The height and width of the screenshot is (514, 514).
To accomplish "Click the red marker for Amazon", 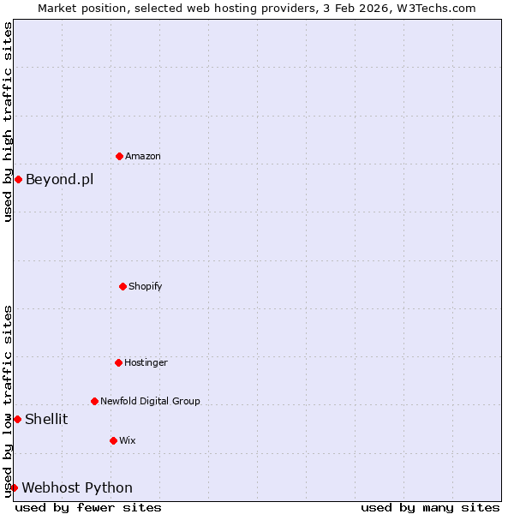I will pyautogui.click(x=119, y=156).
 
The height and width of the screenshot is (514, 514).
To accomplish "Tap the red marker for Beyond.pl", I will pyautogui.click(x=18, y=179).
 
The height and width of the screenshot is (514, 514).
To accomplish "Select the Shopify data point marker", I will pyautogui.click(x=123, y=286).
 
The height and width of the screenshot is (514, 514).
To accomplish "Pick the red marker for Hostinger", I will pyautogui.click(x=118, y=362).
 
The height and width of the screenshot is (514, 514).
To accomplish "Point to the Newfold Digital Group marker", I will pyautogui.click(x=94, y=401).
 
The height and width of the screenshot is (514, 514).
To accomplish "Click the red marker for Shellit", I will pyautogui.click(x=17, y=419).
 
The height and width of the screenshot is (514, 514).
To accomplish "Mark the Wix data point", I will pyautogui.click(x=113, y=440).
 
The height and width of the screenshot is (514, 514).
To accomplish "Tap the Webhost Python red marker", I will pyautogui.click(x=14, y=487).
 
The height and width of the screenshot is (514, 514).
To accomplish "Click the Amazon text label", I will pyautogui.click(x=143, y=156).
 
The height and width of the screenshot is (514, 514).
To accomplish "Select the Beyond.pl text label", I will pyautogui.click(x=59, y=179).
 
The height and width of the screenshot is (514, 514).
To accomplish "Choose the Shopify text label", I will pyautogui.click(x=146, y=286).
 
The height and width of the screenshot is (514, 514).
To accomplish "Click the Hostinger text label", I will pyautogui.click(x=146, y=362).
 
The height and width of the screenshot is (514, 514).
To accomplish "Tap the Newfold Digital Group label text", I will pyautogui.click(x=150, y=401).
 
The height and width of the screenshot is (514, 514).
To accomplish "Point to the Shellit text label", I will pyautogui.click(x=46, y=419).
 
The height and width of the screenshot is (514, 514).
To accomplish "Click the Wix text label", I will pyautogui.click(x=128, y=440).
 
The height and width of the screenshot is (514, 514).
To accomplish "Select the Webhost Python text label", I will pyautogui.click(x=77, y=487).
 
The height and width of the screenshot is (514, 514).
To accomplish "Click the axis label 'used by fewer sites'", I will pyautogui.click(x=88, y=507).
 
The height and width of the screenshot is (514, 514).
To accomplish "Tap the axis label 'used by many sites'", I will pyautogui.click(x=430, y=507).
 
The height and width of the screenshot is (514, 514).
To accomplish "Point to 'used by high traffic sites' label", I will pyautogui.click(x=8, y=122).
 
